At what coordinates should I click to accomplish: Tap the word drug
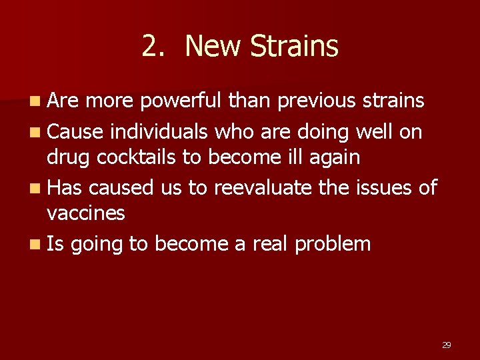click(x=67, y=157)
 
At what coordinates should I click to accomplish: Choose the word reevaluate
click(x=262, y=188)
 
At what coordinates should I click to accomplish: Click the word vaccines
click(x=85, y=213)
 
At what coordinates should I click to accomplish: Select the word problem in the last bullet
click(x=332, y=244)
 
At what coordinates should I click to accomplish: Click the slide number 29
click(x=447, y=345)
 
